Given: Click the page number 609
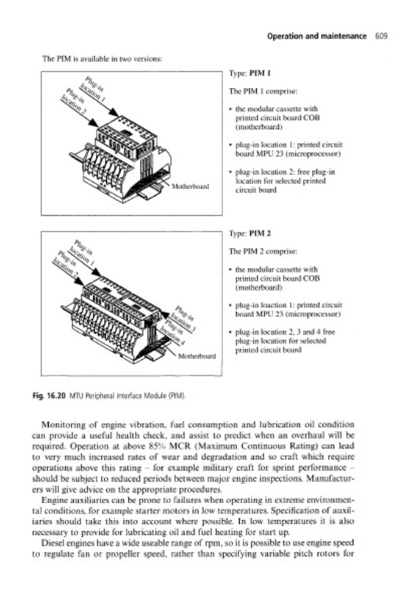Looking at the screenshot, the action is click(x=382, y=36).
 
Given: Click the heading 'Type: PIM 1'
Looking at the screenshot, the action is click(x=249, y=73).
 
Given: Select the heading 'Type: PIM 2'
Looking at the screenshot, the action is click(x=250, y=233).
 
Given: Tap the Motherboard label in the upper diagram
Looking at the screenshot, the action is click(x=190, y=186).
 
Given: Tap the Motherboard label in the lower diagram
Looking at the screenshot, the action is click(x=197, y=356).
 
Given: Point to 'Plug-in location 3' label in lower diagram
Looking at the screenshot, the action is click(x=184, y=318).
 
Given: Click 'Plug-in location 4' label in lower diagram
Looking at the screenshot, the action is click(x=171, y=329).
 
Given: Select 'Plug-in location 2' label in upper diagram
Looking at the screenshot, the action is click(x=75, y=100).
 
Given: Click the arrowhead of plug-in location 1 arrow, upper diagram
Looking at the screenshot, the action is click(x=114, y=112).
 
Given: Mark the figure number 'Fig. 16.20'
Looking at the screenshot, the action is click(x=49, y=396).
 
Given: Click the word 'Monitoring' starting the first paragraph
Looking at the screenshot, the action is click(x=60, y=425).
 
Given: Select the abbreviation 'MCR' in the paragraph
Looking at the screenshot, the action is click(x=179, y=446).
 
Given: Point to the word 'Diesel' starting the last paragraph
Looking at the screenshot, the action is click(x=52, y=543).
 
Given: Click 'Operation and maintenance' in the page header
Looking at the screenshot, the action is click(x=317, y=36).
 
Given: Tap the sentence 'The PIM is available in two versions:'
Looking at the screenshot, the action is click(x=103, y=59).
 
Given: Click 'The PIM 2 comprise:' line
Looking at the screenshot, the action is click(x=263, y=251).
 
